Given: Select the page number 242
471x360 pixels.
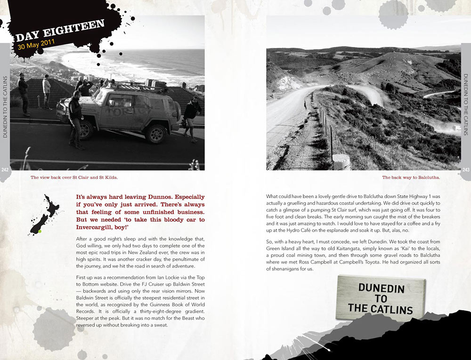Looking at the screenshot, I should point(5,170).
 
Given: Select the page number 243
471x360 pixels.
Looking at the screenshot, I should point(466,170).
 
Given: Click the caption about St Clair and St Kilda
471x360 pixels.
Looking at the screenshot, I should point(74,178).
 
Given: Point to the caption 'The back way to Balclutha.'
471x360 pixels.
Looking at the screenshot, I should point(411,178).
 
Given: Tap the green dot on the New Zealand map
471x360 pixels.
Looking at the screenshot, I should point(40,231).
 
